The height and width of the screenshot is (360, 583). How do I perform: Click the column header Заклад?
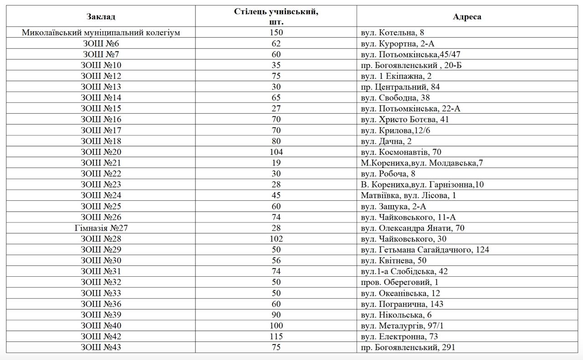click(101, 17)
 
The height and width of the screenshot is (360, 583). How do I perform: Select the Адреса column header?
click(467, 17)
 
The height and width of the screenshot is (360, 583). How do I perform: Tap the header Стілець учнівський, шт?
click(276, 17)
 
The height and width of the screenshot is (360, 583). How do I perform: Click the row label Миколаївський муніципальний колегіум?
click(101, 33)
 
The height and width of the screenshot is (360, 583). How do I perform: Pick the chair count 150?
click(276, 33)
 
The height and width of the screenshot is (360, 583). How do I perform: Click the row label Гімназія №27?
click(101, 228)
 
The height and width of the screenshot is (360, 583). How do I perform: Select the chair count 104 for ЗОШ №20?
click(276, 152)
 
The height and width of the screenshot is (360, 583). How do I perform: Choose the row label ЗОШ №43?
click(101, 347)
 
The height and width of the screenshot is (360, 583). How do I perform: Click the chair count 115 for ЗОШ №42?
click(276, 337)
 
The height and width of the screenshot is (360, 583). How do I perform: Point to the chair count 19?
click(276, 163)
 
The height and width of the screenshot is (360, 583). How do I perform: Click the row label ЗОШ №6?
click(101, 44)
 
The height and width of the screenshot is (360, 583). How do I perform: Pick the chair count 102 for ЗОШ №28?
click(276, 239)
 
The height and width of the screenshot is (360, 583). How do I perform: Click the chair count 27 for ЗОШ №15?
click(276, 109)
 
